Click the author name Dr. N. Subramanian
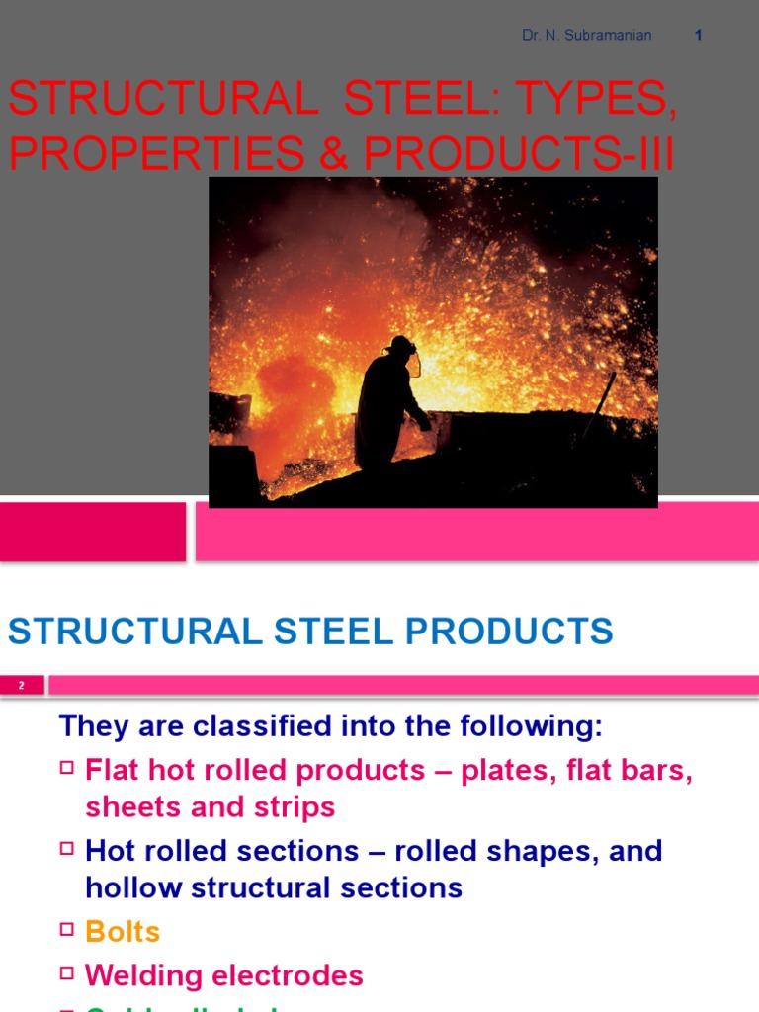[586, 36]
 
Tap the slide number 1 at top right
[699, 36]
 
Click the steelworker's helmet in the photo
[400, 346]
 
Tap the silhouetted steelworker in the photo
[388, 410]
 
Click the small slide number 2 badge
[22, 685]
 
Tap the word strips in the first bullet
[295, 806]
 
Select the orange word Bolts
[123, 931]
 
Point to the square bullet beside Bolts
[67, 929]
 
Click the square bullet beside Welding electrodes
[67, 974]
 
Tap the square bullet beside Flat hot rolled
[67, 768]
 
